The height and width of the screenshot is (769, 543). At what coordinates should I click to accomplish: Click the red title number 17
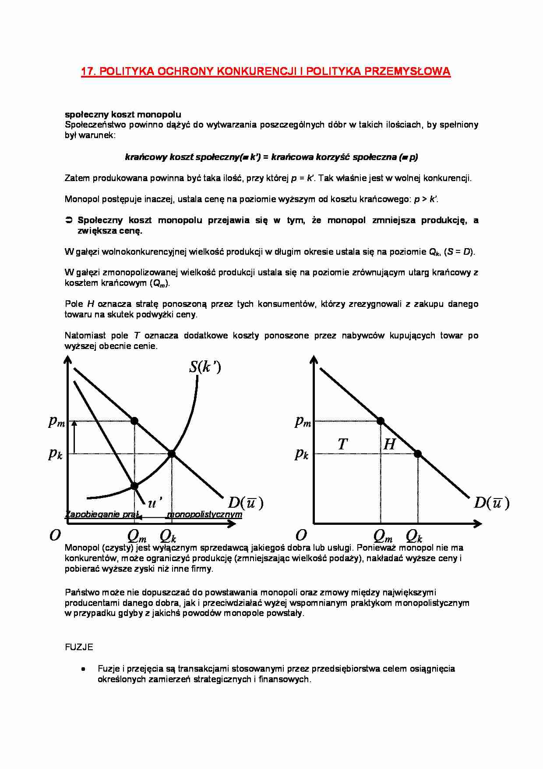pos(88,71)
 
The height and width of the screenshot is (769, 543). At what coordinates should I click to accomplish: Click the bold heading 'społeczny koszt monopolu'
pos(123,114)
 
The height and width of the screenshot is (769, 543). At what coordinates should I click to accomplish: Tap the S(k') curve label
pos(205,367)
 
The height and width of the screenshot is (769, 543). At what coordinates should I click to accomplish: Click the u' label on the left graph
pos(155,502)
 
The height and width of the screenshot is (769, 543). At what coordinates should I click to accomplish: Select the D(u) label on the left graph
pos(246,502)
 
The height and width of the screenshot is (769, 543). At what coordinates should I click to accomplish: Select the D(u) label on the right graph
pos(492,502)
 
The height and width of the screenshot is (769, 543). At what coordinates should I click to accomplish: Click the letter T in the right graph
pos(342,444)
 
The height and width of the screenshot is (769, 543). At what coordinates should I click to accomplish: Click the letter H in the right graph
pos(389,444)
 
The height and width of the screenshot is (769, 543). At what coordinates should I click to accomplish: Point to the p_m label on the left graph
pos(56,421)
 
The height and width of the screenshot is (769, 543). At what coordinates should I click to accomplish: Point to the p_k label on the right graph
pos(302,453)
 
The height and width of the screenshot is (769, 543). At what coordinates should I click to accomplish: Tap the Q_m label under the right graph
pos(383,536)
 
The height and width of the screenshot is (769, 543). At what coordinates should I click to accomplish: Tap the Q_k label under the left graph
pos(168,536)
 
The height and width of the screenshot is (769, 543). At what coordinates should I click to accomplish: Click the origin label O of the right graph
pos(301,535)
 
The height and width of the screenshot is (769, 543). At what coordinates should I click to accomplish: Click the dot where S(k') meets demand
pos(172,454)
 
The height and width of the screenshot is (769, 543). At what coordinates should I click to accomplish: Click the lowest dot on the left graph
pos(134,486)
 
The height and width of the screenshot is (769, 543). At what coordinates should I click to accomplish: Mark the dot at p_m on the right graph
pos(381,421)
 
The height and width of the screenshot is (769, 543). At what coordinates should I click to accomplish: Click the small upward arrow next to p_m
pos(74,437)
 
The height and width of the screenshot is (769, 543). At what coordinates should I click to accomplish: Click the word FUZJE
pos(79,647)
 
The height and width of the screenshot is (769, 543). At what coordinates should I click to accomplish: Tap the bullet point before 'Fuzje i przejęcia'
pos(83,669)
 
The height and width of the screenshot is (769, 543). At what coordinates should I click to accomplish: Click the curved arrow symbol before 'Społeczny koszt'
pos(69,220)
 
